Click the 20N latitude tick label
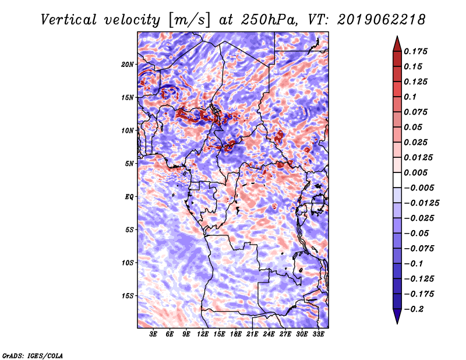pos(127,65)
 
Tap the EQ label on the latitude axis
pos(129,197)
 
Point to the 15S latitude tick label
pos(127,296)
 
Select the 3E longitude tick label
pos(153,334)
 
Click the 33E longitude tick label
pos(318,334)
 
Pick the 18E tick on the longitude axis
pos(236,334)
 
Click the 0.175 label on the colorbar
pos(415,51)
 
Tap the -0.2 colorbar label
pos(414,309)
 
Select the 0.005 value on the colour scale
pos(415,172)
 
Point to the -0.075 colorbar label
pos(419,249)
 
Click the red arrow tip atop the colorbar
pos(397,36)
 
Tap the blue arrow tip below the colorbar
pos(397,323)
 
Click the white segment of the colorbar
pos(397,180)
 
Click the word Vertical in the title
pos(69,20)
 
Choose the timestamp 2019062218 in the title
pos(382,20)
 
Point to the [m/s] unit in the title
pos(189,20)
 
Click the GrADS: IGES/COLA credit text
pos(33,355)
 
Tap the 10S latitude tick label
pos(127,263)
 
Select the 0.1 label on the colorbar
pos(410,97)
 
